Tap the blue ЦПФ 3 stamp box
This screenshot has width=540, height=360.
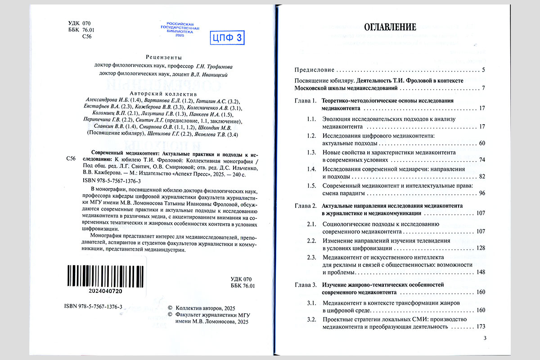pos(227,38)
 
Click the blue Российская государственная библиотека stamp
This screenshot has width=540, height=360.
pos(180,29)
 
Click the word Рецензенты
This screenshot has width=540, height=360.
pos(164,57)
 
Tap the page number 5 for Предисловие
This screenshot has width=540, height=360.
pos(483,70)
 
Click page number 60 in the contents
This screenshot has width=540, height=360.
pos(481,144)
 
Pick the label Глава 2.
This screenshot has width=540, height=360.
pos(306,206)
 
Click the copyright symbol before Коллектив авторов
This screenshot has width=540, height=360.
pos(170,307)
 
